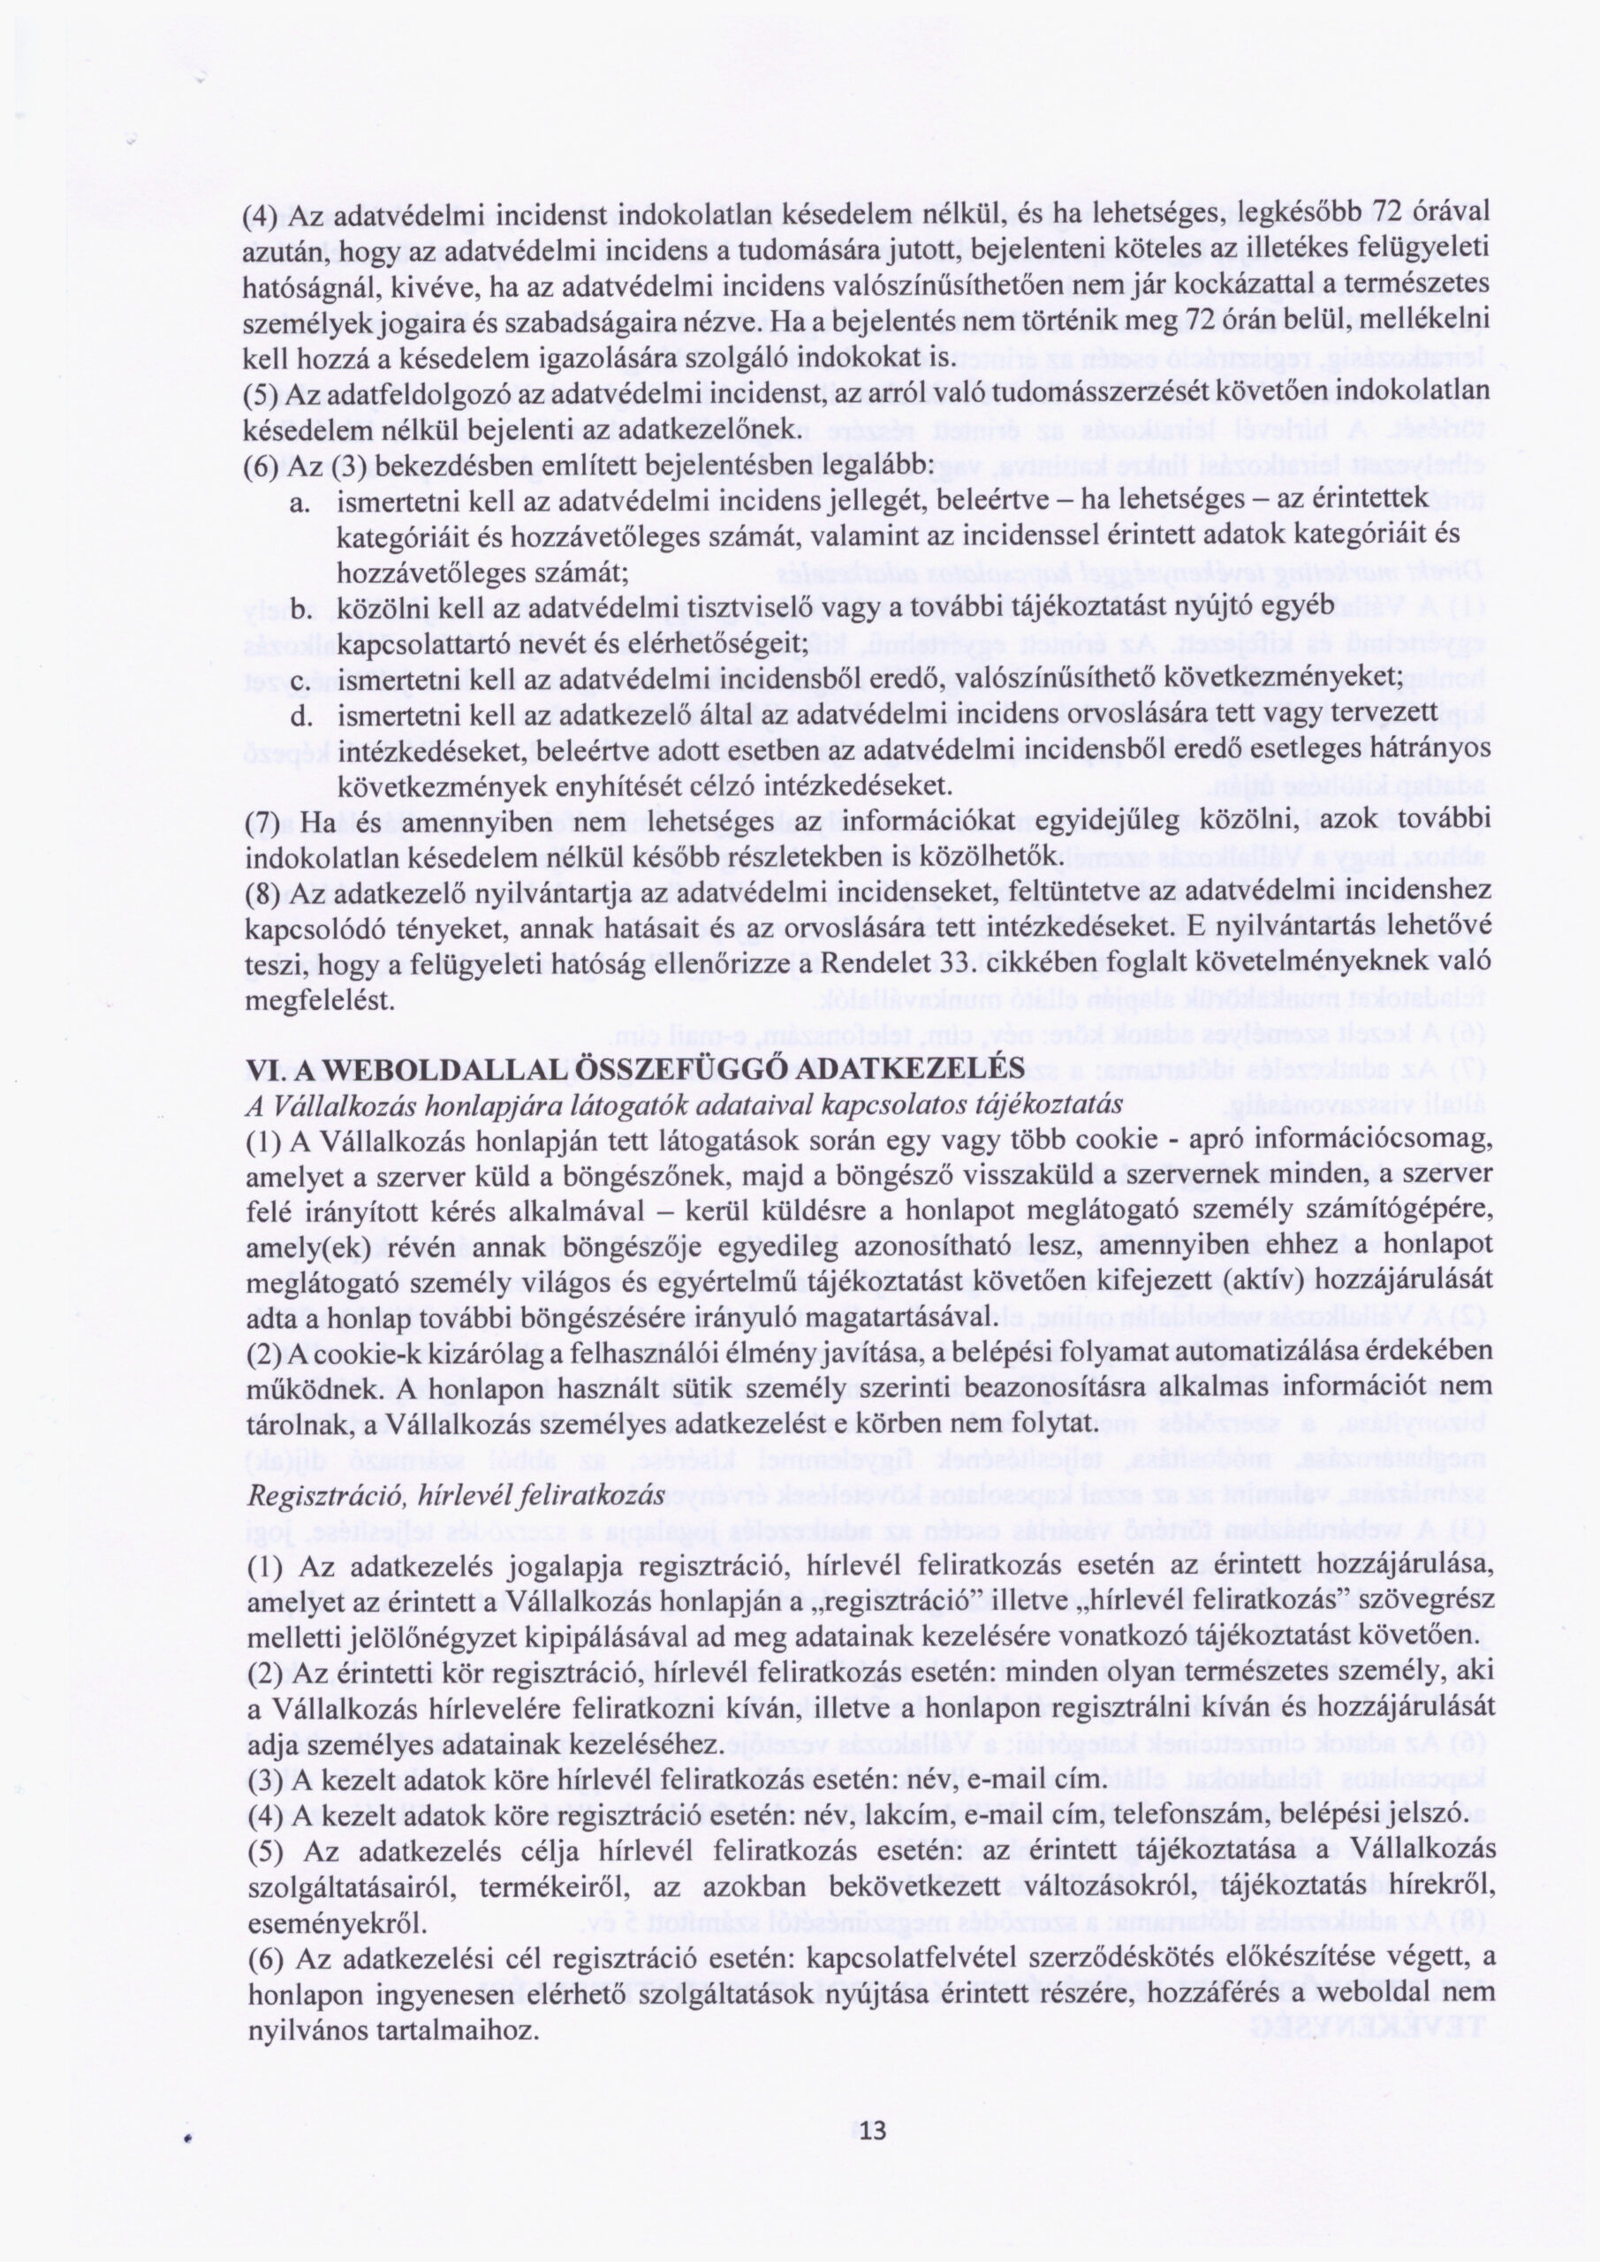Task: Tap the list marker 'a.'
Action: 301,504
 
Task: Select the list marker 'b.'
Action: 301,609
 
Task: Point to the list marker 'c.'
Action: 301,679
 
